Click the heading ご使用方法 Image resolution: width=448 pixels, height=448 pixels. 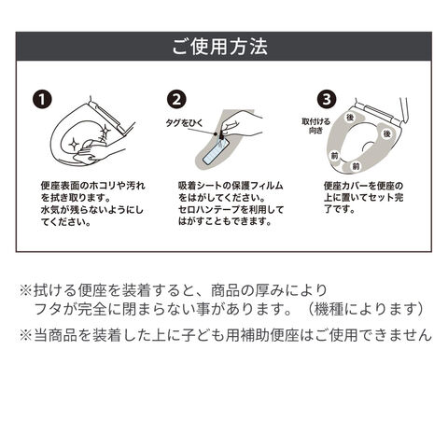220,47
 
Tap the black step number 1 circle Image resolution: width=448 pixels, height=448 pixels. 42,100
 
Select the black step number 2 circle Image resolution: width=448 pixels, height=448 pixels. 176,100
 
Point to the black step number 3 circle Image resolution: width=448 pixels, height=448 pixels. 327,100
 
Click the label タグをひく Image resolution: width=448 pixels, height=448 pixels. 184,123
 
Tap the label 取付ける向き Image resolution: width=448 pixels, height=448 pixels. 315,126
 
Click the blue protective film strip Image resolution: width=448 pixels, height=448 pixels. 216,152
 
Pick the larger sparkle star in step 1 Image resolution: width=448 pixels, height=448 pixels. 74,144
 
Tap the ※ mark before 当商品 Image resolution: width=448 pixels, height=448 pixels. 26,335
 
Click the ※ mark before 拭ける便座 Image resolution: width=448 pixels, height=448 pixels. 26,291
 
